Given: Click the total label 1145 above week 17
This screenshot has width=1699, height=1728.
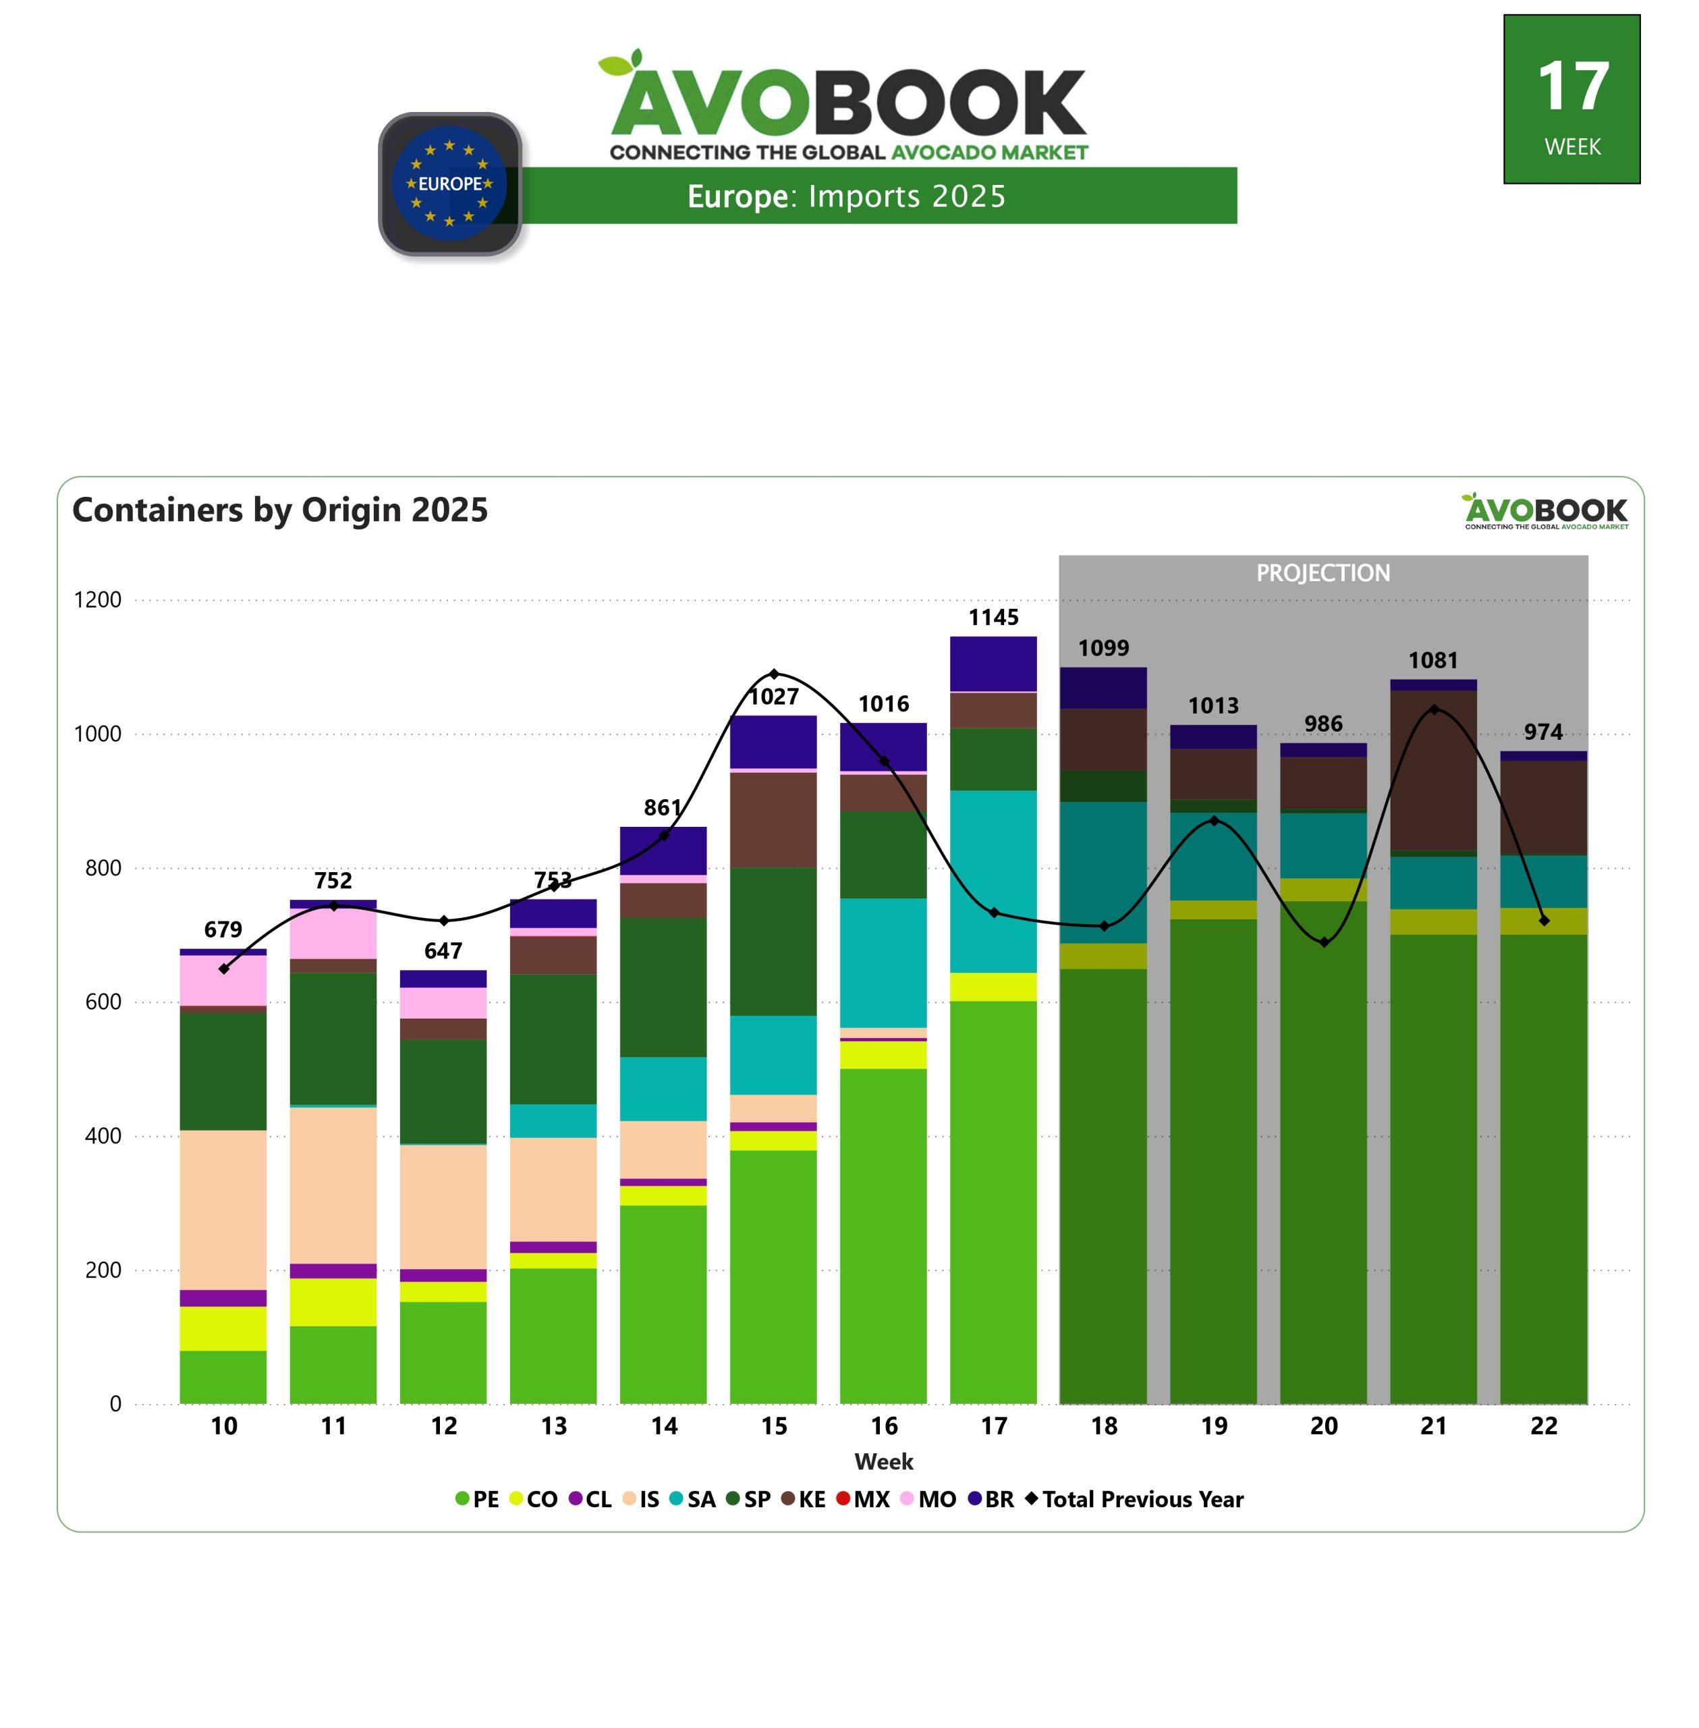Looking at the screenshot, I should click(x=993, y=618).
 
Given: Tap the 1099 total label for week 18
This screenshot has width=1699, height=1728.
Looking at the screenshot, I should click(x=1104, y=648).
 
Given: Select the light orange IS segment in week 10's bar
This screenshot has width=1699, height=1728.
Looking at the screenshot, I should click(x=223, y=1210).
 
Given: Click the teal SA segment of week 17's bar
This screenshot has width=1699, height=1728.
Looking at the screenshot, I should click(x=993, y=881).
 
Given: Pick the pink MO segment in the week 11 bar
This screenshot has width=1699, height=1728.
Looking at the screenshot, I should click(x=333, y=934).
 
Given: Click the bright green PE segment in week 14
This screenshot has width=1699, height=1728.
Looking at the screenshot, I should click(x=663, y=1303).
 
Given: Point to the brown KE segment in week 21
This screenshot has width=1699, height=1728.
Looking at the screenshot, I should click(x=1433, y=770).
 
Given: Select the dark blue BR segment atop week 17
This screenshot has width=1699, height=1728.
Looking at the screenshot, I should click(x=993, y=663).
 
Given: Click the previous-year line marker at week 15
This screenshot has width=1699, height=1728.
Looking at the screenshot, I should click(x=774, y=674).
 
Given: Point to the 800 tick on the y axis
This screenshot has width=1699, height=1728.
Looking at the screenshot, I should click(x=103, y=867).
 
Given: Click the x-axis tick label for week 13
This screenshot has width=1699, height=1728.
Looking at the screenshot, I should click(x=553, y=1426).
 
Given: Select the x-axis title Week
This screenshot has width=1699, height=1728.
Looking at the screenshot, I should click(x=883, y=1462).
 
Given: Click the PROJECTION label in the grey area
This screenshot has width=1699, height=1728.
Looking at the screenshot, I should click(x=1323, y=573).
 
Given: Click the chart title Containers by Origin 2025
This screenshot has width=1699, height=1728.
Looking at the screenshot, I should click(x=280, y=510).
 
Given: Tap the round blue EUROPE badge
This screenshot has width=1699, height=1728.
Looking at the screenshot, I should click(x=450, y=184).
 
